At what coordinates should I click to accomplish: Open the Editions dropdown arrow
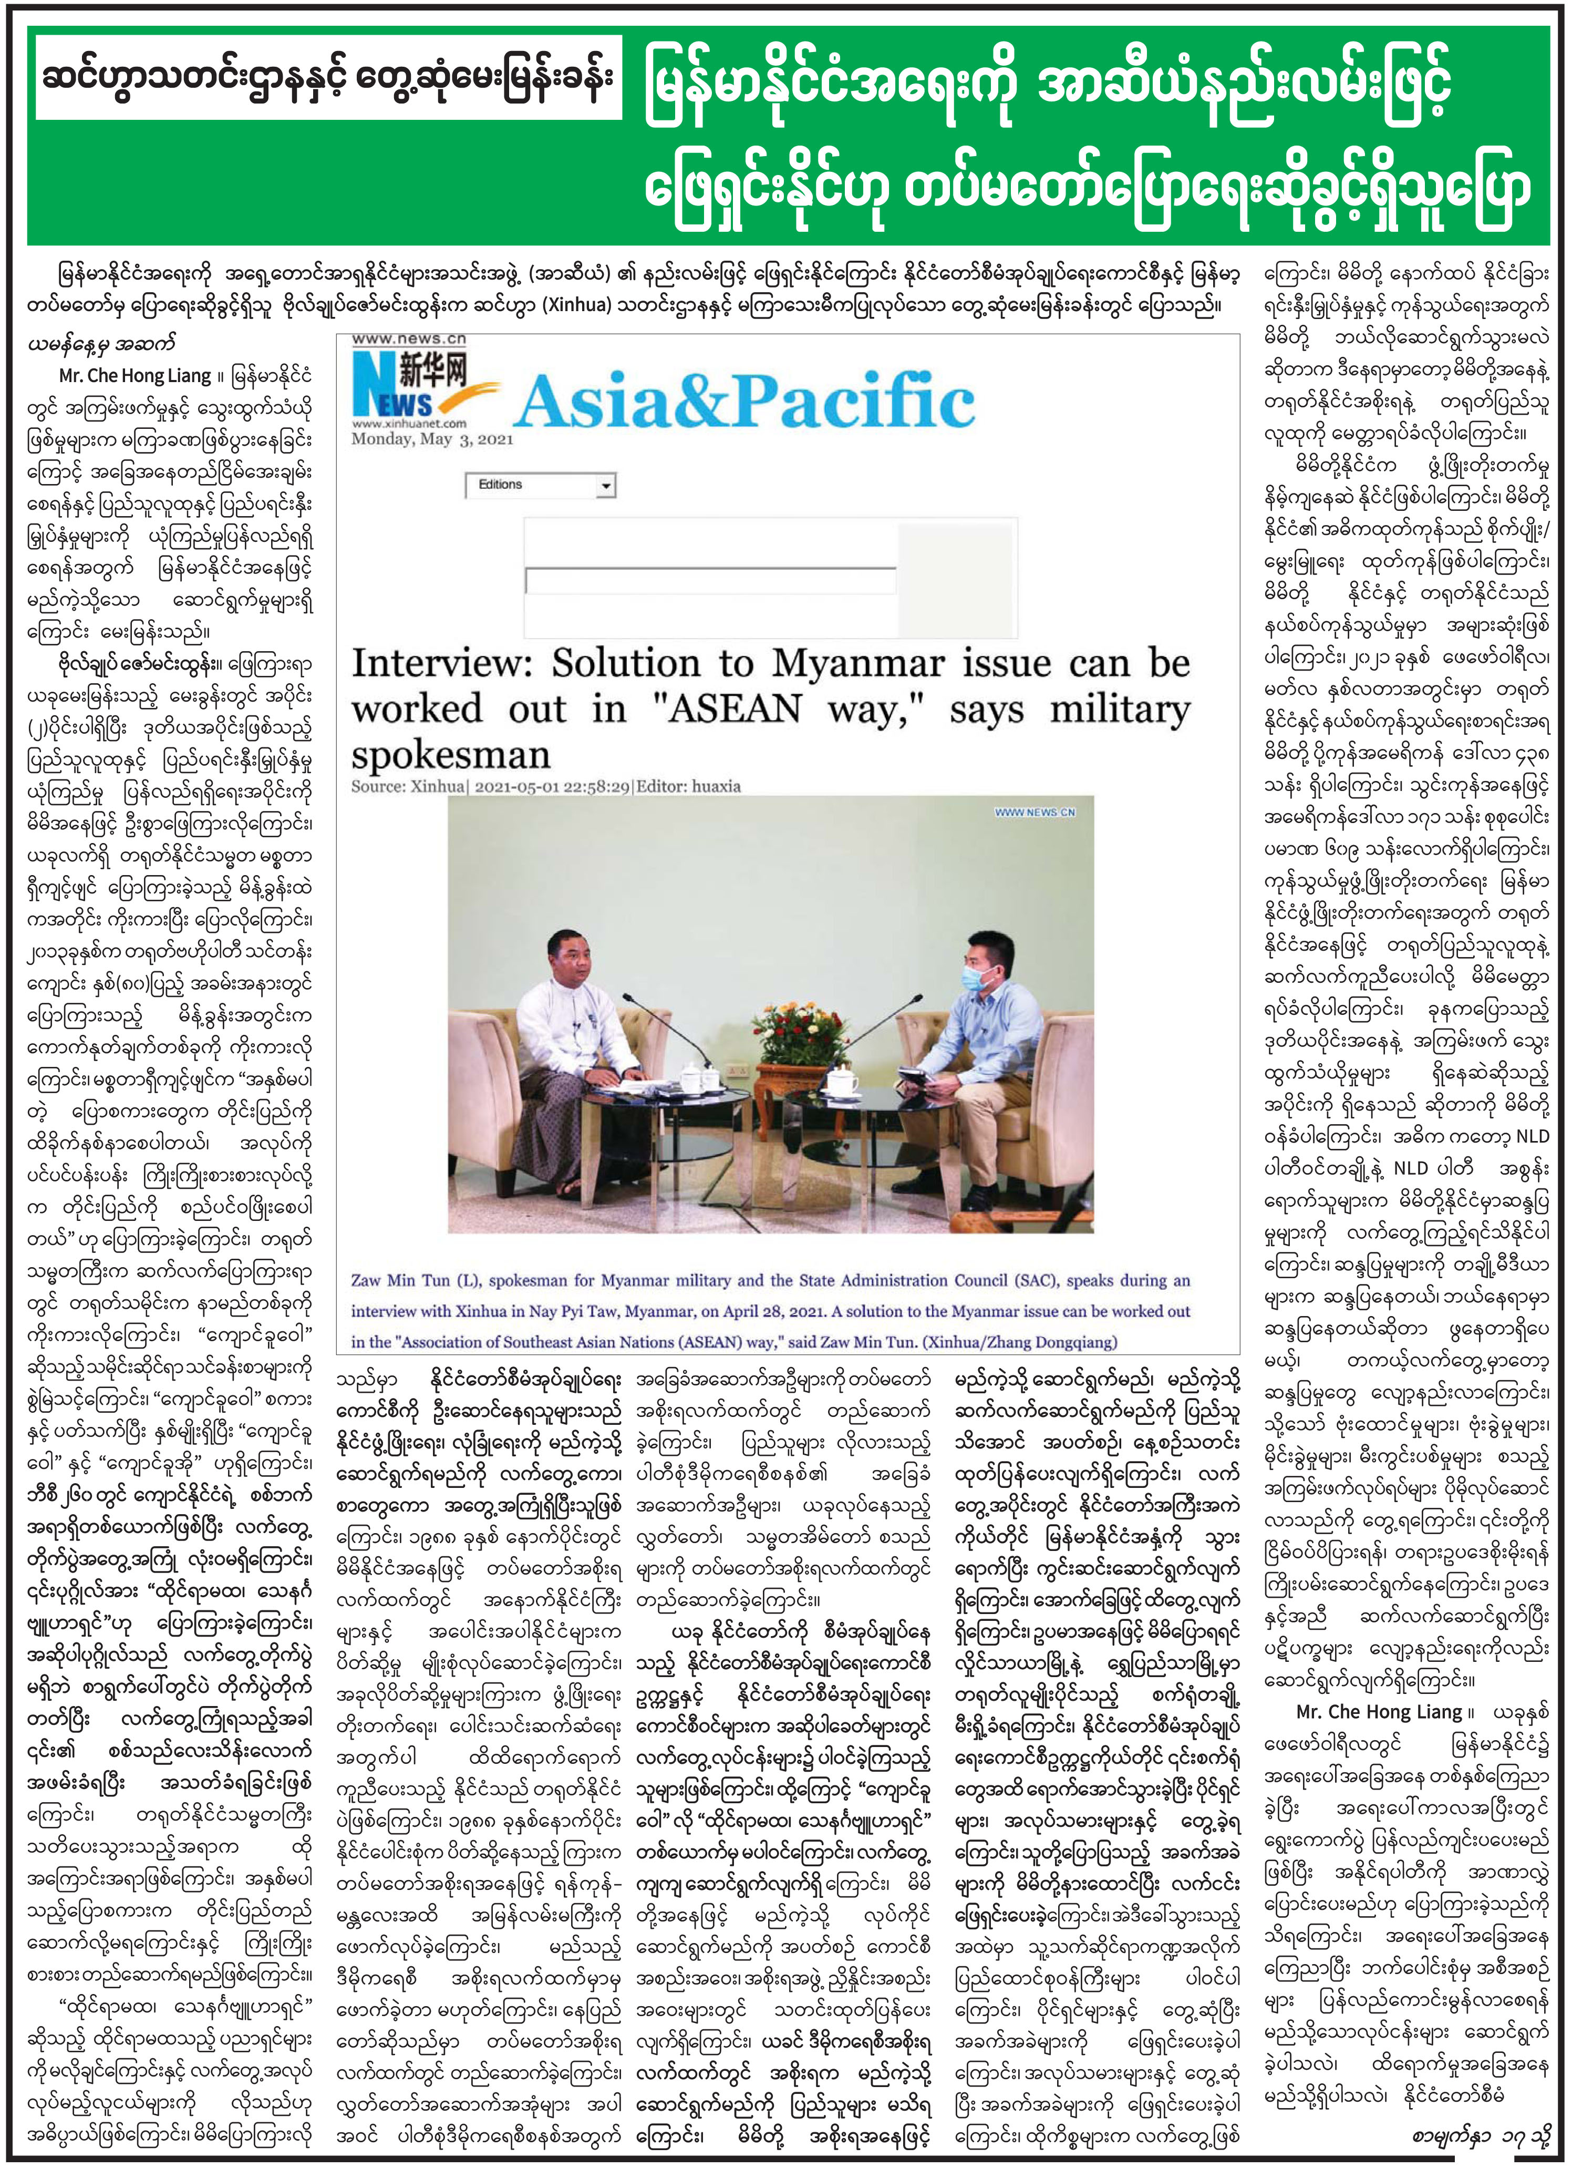(x=604, y=487)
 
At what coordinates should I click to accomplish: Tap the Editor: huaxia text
(x=688, y=786)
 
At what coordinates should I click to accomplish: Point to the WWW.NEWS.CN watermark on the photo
(x=1035, y=811)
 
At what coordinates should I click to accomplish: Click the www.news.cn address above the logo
(x=408, y=338)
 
